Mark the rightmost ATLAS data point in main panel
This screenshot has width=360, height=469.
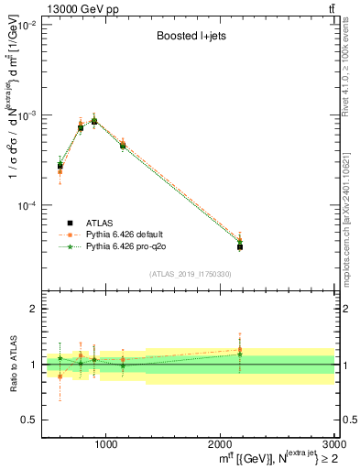239,246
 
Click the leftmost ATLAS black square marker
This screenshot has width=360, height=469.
60,166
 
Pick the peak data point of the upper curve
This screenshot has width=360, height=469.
94,120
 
